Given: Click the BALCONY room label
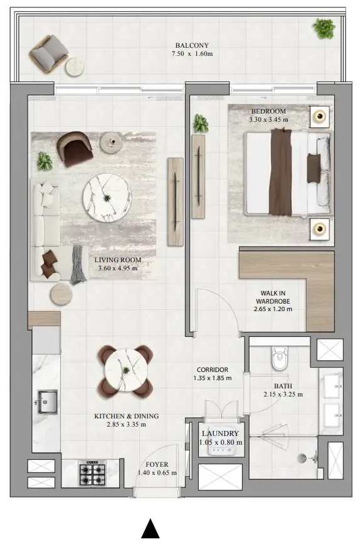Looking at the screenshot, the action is [192, 45].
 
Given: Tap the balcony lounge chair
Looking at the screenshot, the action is [49, 53].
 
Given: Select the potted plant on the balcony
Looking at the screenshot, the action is [324, 28].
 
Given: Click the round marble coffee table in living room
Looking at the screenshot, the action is [107, 198].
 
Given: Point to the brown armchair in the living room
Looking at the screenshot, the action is [75, 149].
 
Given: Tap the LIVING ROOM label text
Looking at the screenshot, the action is [118, 260].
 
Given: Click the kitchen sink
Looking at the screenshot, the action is [46, 402].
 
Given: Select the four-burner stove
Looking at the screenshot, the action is [92, 473].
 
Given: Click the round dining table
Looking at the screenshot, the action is [126, 370].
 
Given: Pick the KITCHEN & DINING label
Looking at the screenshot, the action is [127, 416].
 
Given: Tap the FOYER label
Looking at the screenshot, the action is [157, 465].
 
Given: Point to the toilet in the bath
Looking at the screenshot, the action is [280, 359].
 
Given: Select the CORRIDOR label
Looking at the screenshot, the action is [213, 370].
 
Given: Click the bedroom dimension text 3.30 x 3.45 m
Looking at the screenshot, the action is [268, 120].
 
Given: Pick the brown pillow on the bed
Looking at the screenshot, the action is [314, 168].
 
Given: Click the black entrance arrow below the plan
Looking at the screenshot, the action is [151, 528].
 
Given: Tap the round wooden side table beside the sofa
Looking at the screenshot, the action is [61, 294].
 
